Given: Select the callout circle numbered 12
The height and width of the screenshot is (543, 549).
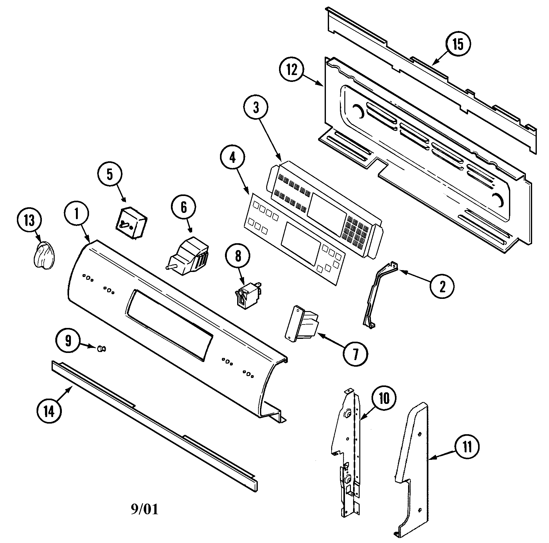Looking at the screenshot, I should pos(292,70).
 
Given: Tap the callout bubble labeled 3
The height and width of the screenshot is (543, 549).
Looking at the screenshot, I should pos(256,108).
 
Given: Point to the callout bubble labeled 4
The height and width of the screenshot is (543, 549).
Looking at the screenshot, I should pos(232,158).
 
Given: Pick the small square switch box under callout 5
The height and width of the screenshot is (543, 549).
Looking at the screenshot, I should pos(131,223).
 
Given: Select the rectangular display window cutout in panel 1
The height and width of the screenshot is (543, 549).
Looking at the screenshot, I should pos(170,326).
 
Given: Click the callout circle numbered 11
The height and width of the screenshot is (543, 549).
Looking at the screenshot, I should pos(467,448).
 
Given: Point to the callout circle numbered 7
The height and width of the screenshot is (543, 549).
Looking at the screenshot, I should pos(355,354).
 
